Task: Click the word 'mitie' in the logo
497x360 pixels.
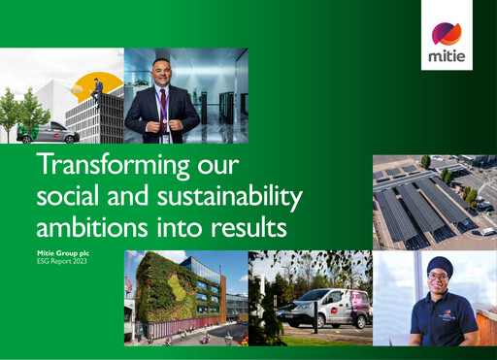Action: (x=447, y=55)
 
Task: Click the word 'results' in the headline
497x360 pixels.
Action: (x=251, y=229)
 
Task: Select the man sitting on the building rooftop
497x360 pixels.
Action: (x=97, y=88)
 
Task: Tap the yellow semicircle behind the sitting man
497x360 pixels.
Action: (x=102, y=82)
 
